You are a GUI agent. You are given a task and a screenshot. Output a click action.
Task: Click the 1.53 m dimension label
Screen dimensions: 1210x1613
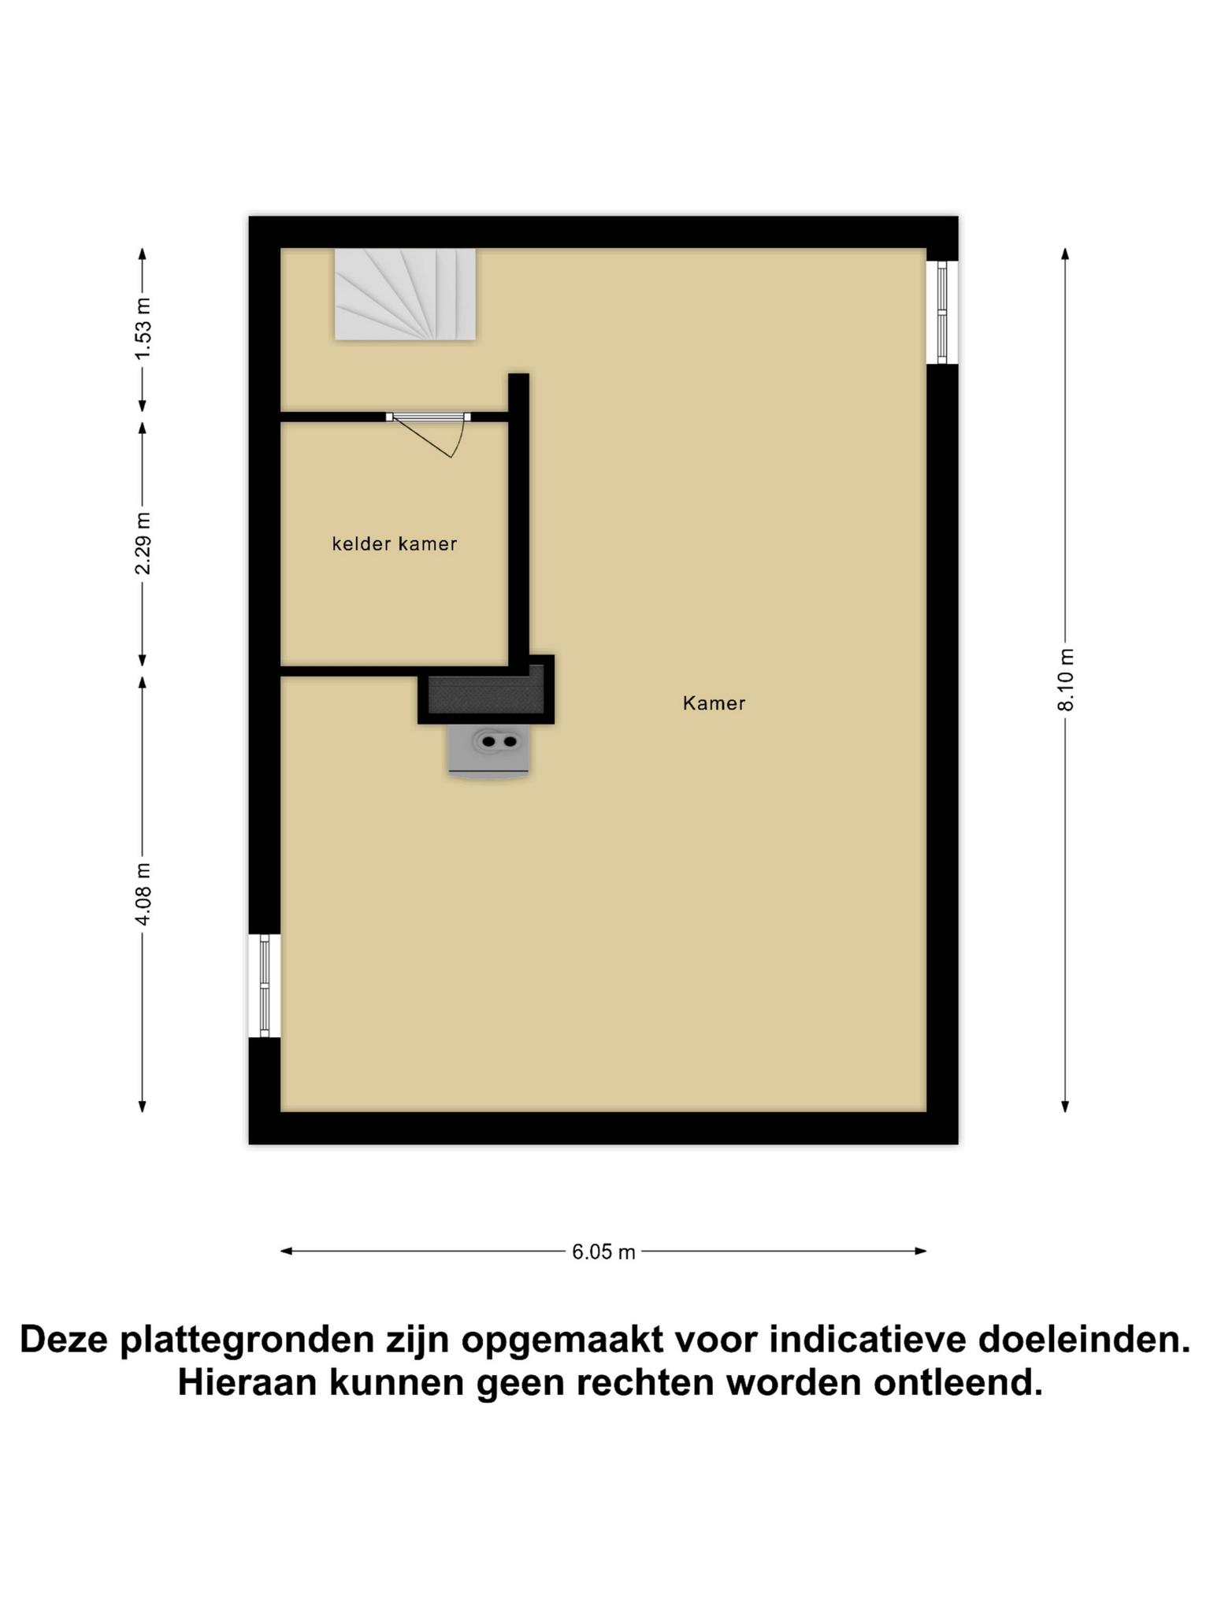point(143,328)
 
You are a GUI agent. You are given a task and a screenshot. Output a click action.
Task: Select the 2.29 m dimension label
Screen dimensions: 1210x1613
point(143,543)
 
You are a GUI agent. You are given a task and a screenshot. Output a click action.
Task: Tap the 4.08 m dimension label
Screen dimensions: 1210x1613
point(143,894)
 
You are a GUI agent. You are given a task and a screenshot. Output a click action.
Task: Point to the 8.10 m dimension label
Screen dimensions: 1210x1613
point(1065,680)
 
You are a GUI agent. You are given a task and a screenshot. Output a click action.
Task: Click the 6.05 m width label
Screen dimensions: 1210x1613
point(603,1251)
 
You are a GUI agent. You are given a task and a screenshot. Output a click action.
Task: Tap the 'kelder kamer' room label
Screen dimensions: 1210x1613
point(395,543)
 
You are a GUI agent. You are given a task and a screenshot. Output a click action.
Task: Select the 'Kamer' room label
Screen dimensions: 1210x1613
point(714,703)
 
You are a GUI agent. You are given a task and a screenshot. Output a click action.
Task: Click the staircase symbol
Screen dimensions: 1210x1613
point(405,295)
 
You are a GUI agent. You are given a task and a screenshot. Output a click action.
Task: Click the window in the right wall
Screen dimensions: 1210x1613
point(942,312)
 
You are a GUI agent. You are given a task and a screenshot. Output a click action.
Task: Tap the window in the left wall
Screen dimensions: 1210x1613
point(265,985)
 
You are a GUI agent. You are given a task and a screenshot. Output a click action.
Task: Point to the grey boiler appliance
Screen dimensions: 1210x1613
point(488,751)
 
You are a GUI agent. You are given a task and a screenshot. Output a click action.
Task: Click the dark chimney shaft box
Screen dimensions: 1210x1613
point(486,689)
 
